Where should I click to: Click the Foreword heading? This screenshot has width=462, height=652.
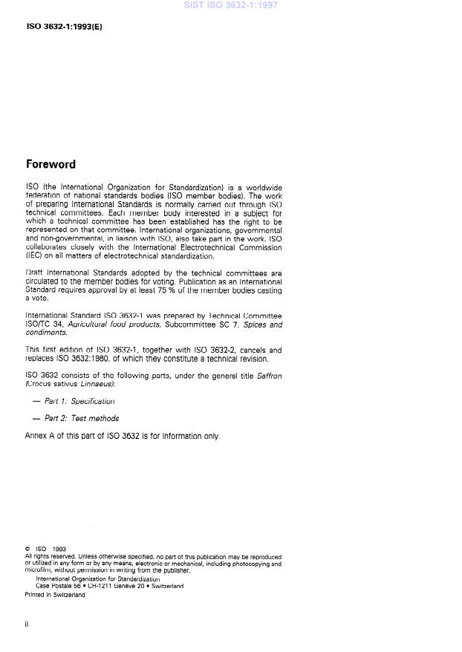coord(51,164)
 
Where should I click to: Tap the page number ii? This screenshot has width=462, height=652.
coord(27,625)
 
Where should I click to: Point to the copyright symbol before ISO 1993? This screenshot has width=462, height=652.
coord(27,550)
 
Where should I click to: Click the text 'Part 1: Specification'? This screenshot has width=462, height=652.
coord(79,401)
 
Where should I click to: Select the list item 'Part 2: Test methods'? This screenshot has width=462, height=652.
coord(82,418)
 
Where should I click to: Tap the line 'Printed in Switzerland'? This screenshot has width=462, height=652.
coord(55,595)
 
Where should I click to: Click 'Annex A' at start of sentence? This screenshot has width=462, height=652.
coord(39,436)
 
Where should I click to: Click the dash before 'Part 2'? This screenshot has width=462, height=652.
coord(36,418)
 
